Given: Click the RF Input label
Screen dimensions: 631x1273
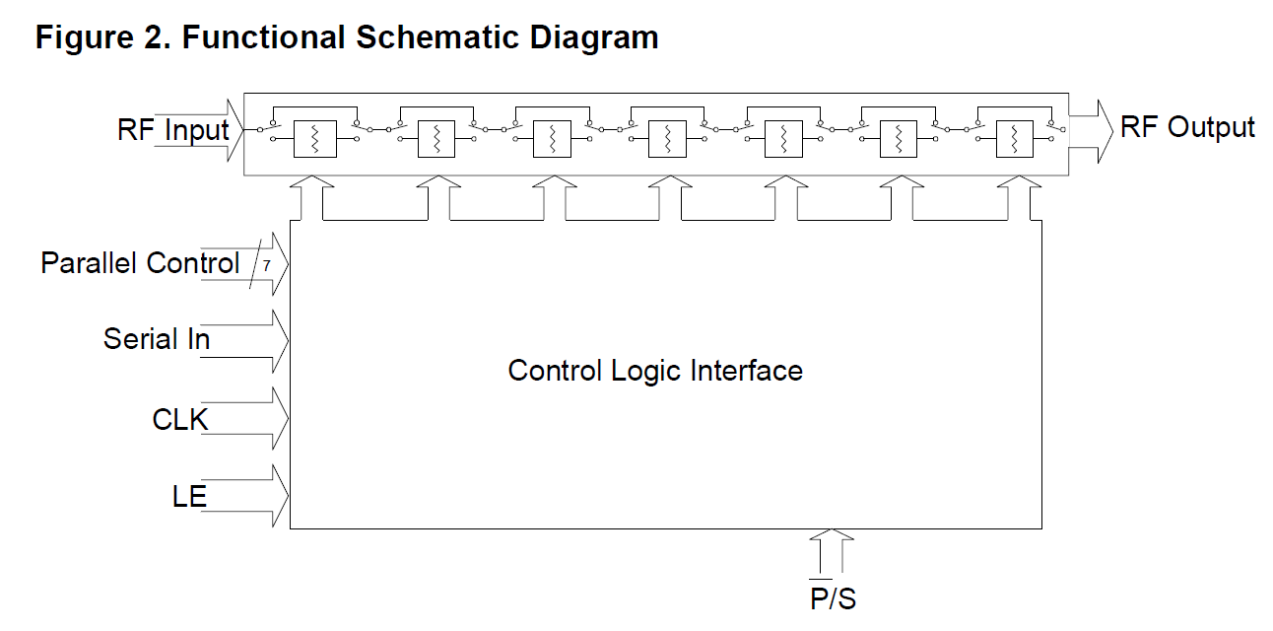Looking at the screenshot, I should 172,130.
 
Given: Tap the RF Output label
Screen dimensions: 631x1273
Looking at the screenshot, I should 1187,127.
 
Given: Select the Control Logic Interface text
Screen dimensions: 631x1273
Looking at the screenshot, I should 655,371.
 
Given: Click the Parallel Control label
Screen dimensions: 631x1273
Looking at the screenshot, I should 140,263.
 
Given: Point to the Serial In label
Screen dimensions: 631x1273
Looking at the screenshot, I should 157,339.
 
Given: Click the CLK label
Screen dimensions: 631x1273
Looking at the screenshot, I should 180,419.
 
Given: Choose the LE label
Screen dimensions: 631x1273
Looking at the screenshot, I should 189,495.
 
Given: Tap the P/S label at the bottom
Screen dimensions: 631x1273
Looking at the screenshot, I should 833,597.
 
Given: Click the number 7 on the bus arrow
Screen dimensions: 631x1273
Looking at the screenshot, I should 265,265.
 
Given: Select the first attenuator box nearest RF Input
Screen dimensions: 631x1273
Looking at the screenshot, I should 315,139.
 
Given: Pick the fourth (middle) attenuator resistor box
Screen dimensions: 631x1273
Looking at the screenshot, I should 666,139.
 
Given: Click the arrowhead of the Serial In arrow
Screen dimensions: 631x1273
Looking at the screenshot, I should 280,341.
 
